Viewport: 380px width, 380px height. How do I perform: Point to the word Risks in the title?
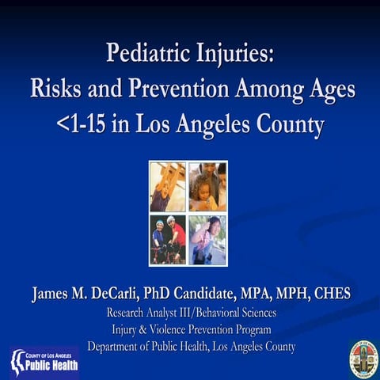[x=56, y=89]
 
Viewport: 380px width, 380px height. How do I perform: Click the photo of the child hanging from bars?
[x=168, y=187]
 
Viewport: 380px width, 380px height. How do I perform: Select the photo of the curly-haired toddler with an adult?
[x=207, y=187]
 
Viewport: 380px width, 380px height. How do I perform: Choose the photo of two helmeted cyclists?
[x=168, y=239]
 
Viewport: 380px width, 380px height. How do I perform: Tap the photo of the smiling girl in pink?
[x=207, y=239]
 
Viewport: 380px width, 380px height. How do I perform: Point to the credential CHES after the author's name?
[x=330, y=294]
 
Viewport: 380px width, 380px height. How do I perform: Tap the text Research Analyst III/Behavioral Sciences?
[x=191, y=313]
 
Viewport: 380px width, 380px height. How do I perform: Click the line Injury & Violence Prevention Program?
[x=191, y=329]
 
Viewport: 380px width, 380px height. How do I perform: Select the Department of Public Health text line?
[x=191, y=346]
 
